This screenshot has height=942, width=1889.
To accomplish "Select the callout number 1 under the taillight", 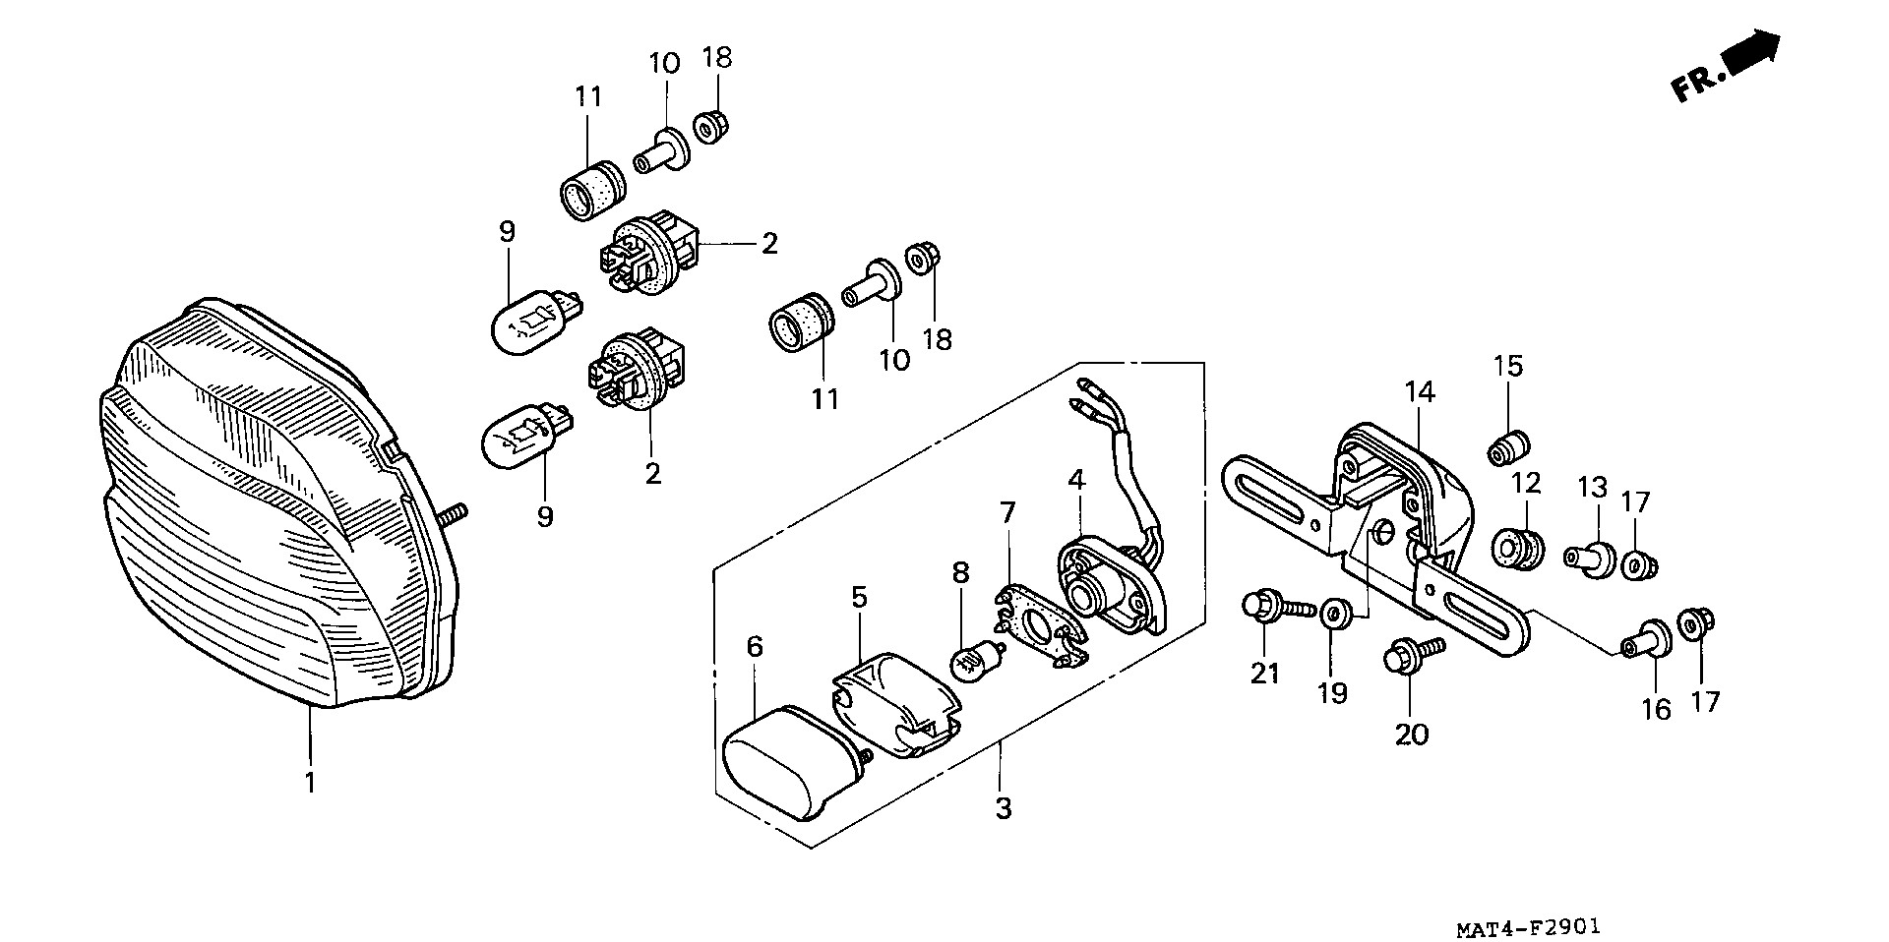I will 310,783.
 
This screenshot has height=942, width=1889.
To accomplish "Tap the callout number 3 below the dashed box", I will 1003,808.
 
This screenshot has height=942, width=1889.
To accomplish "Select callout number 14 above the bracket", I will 1420,392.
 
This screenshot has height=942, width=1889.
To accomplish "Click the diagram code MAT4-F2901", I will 1536,926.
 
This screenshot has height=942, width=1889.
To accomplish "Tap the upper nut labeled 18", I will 705,127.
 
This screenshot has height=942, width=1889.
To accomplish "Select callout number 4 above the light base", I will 1076,481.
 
